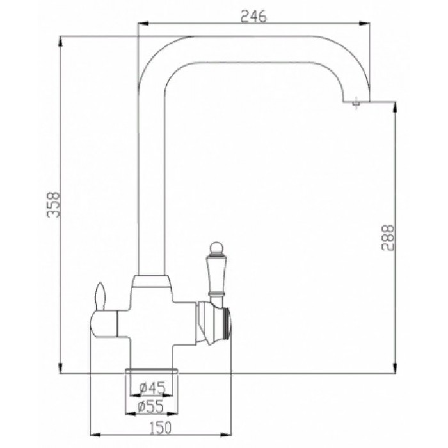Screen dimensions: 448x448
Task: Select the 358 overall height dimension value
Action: point(54,205)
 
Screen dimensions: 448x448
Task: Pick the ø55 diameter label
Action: point(152,406)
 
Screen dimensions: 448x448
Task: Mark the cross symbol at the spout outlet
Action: point(356,100)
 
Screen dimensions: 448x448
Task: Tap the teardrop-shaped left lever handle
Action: point(99,296)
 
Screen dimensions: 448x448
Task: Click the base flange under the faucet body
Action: point(152,371)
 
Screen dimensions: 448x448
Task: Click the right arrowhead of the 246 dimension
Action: point(369,25)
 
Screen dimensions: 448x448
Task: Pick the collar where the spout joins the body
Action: point(152,279)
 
